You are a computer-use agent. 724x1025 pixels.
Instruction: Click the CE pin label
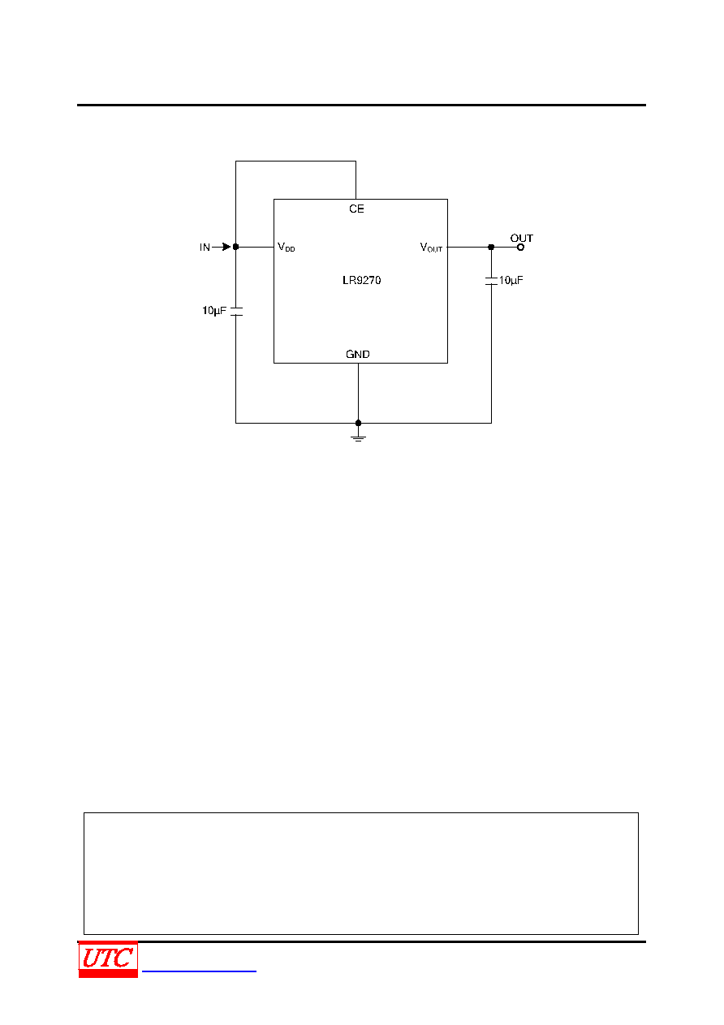[356, 209]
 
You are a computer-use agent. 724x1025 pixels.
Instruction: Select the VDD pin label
[286, 247]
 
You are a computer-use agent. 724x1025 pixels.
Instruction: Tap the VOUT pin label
[431, 248]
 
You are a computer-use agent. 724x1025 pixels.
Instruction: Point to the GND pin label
[357, 354]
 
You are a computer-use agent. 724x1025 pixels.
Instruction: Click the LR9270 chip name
[361, 280]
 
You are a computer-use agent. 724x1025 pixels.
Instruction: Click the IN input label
[205, 247]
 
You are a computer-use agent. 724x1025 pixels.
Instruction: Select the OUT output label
[521, 238]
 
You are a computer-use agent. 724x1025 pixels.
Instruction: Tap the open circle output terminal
[520, 248]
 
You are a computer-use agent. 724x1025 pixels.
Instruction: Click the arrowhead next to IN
[226, 247]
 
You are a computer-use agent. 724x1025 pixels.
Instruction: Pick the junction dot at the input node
[235, 247]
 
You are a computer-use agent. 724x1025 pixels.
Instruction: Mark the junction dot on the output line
[491, 247]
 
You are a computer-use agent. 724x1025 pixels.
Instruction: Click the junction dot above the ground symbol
[358, 423]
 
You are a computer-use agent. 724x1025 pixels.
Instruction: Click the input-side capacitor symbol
[236, 311]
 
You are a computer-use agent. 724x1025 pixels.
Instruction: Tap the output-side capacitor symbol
[491, 281]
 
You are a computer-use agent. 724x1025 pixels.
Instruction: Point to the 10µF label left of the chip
[214, 311]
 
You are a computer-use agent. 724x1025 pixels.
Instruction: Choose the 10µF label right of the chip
[511, 280]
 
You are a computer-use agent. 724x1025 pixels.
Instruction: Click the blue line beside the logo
[199, 971]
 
